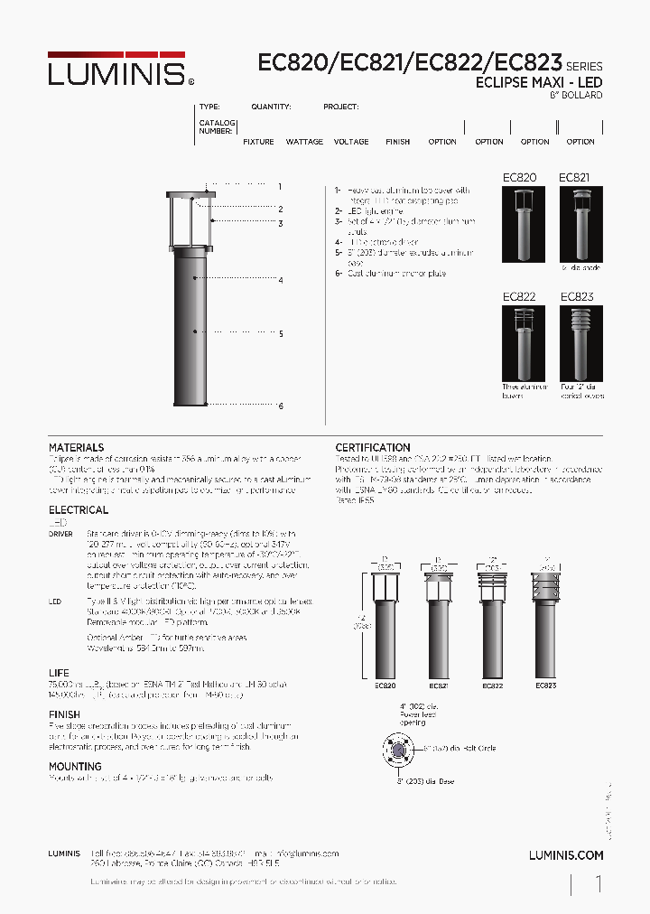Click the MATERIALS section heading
[76, 448]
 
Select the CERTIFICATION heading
[373, 448]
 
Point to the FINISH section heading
[64, 714]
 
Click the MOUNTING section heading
[75, 767]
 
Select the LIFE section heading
[59, 674]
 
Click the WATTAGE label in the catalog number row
[304, 142]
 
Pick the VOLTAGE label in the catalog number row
[351, 142]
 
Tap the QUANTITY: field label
[271, 107]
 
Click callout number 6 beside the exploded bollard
[281, 406]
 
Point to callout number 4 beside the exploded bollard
[281, 281]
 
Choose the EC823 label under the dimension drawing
[545, 686]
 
